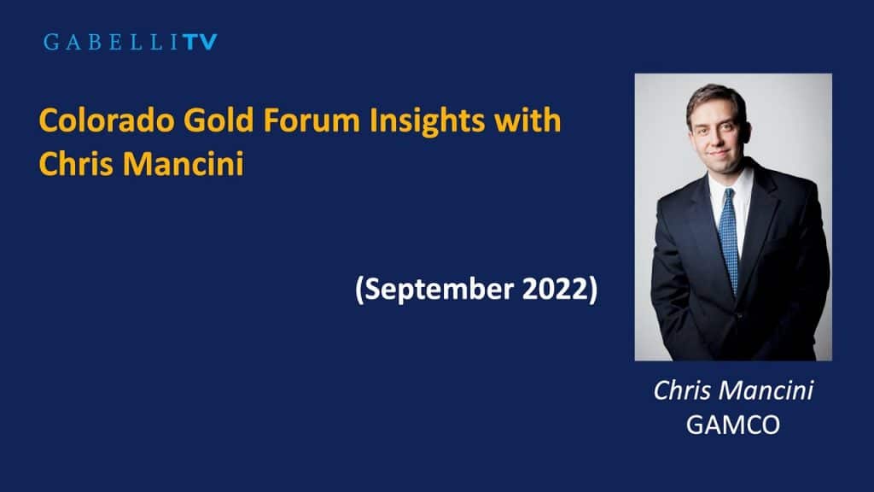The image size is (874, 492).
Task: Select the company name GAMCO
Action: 732,425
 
